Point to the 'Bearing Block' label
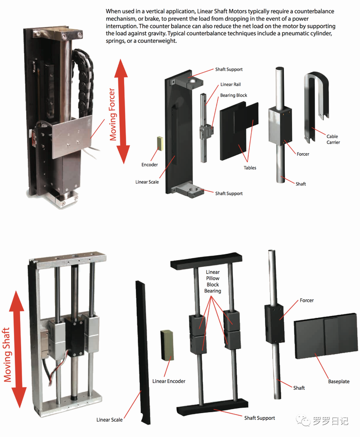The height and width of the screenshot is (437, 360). pyautogui.click(x=234, y=95)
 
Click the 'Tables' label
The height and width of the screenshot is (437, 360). pyautogui.click(x=250, y=168)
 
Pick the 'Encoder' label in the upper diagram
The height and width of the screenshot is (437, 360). pyautogui.click(x=150, y=165)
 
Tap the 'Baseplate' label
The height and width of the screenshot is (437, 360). pyautogui.click(x=338, y=382)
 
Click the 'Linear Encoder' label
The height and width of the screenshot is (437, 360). pyautogui.click(x=169, y=382)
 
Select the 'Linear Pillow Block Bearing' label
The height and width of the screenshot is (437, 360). pyautogui.click(x=213, y=281)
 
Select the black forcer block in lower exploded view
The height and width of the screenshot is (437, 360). pyautogui.click(x=274, y=319)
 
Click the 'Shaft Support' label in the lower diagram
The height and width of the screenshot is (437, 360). pyautogui.click(x=259, y=418)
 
